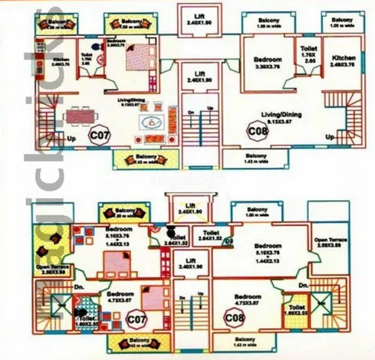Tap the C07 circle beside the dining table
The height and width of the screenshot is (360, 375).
98,136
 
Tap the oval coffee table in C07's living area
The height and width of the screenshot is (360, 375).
150,121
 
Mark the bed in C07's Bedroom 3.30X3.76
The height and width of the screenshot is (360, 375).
140,57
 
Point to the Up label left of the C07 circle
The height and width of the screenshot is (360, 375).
72,138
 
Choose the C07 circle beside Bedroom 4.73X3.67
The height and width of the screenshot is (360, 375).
137,318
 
